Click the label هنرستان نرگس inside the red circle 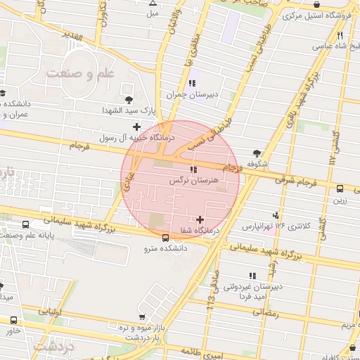192,181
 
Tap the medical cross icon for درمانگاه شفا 202,220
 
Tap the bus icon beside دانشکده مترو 165,237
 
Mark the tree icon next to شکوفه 257,153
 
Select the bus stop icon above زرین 340,188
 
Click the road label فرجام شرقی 291,180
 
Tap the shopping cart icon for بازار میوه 143,317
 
